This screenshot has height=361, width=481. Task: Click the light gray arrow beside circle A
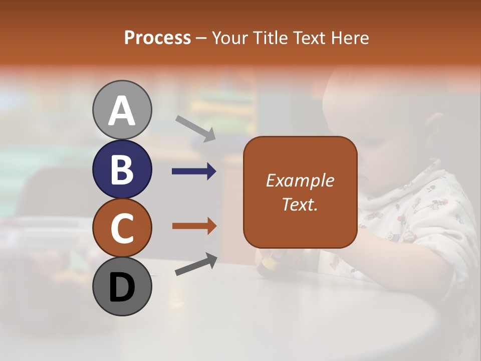tap(195, 128)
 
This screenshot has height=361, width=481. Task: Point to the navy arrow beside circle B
tap(194, 171)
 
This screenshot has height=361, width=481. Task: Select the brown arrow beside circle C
tap(194, 226)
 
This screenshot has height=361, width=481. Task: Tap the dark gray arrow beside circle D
tap(196, 264)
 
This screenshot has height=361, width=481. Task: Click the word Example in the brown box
tap(300, 180)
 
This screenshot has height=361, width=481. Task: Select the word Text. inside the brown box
tap(300, 205)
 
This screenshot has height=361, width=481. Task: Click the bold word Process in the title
tap(157, 38)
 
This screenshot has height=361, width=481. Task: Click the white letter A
tap(122, 111)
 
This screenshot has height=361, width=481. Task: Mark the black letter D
tap(122, 287)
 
